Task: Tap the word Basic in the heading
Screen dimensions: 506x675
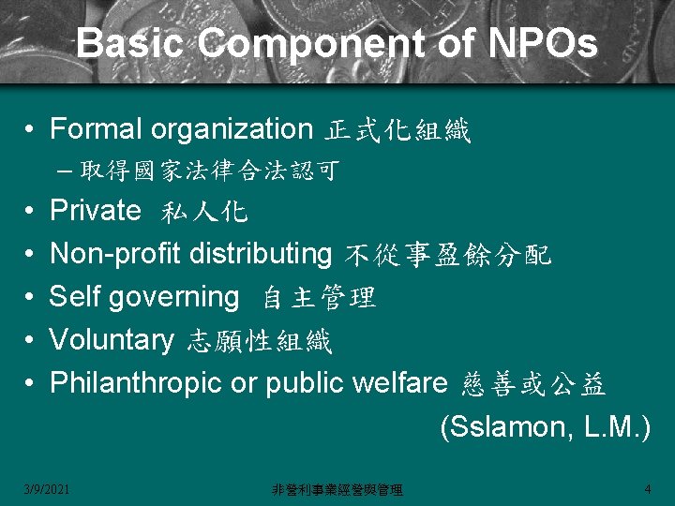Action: [x=132, y=44]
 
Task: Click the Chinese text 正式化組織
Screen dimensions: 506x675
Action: [x=397, y=130]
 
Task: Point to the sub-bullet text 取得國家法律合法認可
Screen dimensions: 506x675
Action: [x=209, y=171]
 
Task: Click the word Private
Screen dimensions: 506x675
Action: [x=95, y=210]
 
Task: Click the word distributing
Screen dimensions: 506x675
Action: [x=261, y=253]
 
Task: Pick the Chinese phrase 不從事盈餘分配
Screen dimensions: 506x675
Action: [x=448, y=255]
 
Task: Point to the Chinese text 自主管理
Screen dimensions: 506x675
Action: [x=319, y=298]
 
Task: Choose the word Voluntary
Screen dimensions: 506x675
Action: [x=112, y=340]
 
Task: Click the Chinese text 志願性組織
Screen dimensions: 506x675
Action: [x=260, y=341]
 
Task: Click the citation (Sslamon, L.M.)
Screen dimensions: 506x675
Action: [x=545, y=426]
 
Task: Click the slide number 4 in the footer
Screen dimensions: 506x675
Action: [x=648, y=488]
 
